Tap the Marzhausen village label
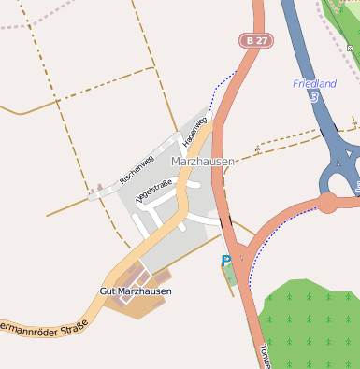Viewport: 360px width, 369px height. [x=204, y=162]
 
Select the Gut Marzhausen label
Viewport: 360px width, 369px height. [x=136, y=291]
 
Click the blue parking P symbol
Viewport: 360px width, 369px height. [x=225, y=261]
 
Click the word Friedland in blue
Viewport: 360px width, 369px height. [x=314, y=83]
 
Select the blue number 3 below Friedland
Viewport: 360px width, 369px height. [x=316, y=96]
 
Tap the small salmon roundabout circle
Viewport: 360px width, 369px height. [x=327, y=202]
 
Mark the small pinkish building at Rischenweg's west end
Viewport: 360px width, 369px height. [x=93, y=195]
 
